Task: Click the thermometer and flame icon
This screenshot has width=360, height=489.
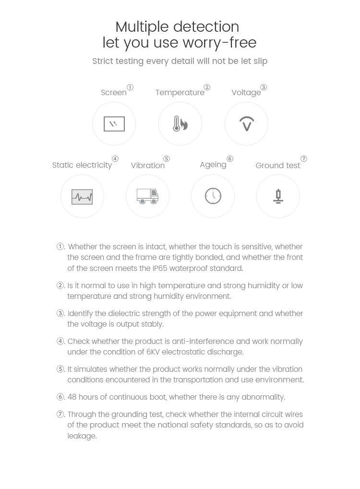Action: tap(180, 124)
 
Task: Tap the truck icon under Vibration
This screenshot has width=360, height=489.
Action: tap(147, 196)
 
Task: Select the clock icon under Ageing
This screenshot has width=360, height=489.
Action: tap(213, 196)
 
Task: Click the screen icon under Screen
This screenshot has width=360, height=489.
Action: tap(114, 124)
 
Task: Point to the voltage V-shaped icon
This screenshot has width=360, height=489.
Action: tap(246, 124)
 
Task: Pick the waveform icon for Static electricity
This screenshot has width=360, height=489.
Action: tap(82, 196)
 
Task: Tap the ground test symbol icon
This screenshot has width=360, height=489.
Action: tap(278, 196)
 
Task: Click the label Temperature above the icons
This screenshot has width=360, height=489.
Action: tap(180, 93)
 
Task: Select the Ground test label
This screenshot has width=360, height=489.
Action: tap(277, 166)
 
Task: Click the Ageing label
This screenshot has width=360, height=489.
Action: tap(213, 165)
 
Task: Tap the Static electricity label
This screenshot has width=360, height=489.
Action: tap(82, 165)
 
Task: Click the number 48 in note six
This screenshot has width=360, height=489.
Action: tap(72, 397)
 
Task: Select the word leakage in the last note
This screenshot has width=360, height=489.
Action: tap(82, 436)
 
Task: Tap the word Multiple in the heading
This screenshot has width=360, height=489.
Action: tap(142, 26)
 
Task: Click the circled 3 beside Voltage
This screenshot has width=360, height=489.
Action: tap(264, 87)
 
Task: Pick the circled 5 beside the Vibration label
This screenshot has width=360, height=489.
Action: tap(166, 159)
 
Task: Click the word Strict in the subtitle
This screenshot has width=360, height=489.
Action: tap(103, 61)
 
